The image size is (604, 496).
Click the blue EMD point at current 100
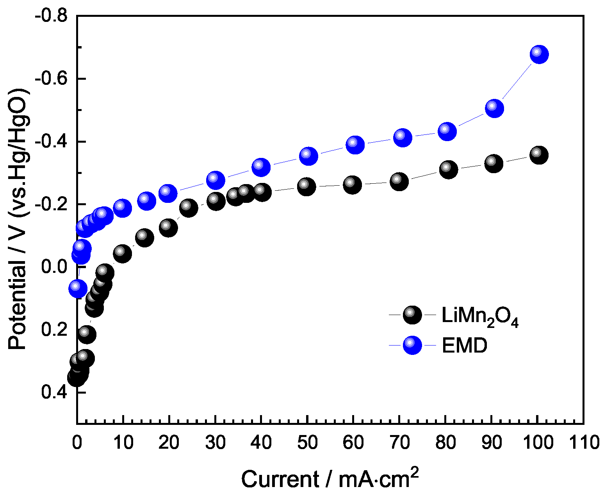pos(539,54)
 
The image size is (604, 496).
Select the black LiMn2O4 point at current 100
pos(538,155)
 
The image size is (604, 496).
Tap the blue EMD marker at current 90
pos(494,108)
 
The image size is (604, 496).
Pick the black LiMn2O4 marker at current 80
pos(448,169)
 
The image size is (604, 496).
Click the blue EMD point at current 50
pos(308,156)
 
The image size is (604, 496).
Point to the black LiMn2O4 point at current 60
pos(352,184)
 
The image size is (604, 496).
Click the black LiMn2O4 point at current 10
pos(122,253)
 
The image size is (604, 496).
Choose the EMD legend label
pos(464,346)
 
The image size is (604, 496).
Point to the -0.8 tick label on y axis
pos(51,16)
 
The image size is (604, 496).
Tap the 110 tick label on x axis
pos(584,443)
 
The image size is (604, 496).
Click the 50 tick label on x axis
pos(307,443)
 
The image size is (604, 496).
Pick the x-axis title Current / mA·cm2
pos(330,478)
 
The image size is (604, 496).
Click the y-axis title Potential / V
pos(19,219)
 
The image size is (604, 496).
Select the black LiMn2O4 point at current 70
pos(399,182)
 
